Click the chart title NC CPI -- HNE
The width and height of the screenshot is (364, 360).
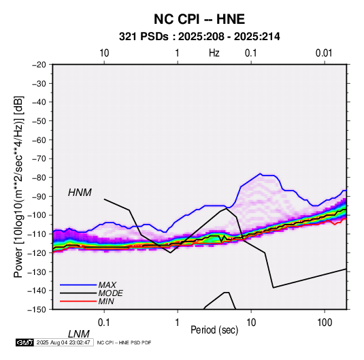[199, 19]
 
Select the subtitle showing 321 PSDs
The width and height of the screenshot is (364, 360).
[199, 37]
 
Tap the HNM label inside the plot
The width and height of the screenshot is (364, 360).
[80, 193]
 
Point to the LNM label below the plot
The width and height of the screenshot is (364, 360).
[79, 334]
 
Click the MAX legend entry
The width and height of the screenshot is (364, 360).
[107, 284]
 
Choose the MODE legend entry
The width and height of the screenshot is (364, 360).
[110, 293]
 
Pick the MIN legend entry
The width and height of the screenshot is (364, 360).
[106, 301]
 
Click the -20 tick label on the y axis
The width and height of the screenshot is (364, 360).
[39, 65]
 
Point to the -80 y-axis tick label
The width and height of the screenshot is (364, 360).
[39, 178]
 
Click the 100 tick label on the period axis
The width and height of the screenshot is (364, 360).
[325, 323]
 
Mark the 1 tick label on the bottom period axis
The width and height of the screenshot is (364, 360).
[178, 323]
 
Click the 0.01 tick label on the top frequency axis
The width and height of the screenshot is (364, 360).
[324, 53]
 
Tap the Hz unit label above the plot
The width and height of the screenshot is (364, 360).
[214, 53]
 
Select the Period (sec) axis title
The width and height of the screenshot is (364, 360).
[214, 330]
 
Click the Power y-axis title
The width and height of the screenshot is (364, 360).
[18, 186]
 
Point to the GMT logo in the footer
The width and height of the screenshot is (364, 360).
[25, 342]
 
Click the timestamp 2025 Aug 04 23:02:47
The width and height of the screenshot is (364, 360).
[63, 342]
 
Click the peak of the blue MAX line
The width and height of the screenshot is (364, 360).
[261, 174]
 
